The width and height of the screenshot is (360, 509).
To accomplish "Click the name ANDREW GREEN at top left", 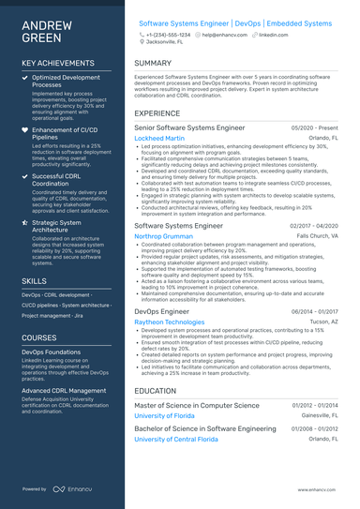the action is [43, 31].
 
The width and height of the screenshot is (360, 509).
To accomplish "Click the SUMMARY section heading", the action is [153, 64].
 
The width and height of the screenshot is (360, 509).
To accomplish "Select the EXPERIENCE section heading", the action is [157, 112].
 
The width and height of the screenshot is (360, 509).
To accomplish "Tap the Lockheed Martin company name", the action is [159, 138].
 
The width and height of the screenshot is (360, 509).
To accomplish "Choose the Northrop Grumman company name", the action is [163, 237].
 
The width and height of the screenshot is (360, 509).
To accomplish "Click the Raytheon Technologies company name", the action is [169, 321].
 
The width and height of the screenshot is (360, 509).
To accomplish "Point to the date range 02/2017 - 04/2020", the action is [313, 226].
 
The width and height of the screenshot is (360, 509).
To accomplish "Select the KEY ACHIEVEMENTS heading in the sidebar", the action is [58, 63].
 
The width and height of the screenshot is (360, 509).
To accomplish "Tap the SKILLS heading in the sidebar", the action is [34, 280].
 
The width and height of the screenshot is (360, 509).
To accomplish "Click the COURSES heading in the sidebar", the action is [39, 337].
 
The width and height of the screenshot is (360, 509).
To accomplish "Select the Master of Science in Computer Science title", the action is [197, 405].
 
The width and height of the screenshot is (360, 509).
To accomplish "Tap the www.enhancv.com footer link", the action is [315, 489].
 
